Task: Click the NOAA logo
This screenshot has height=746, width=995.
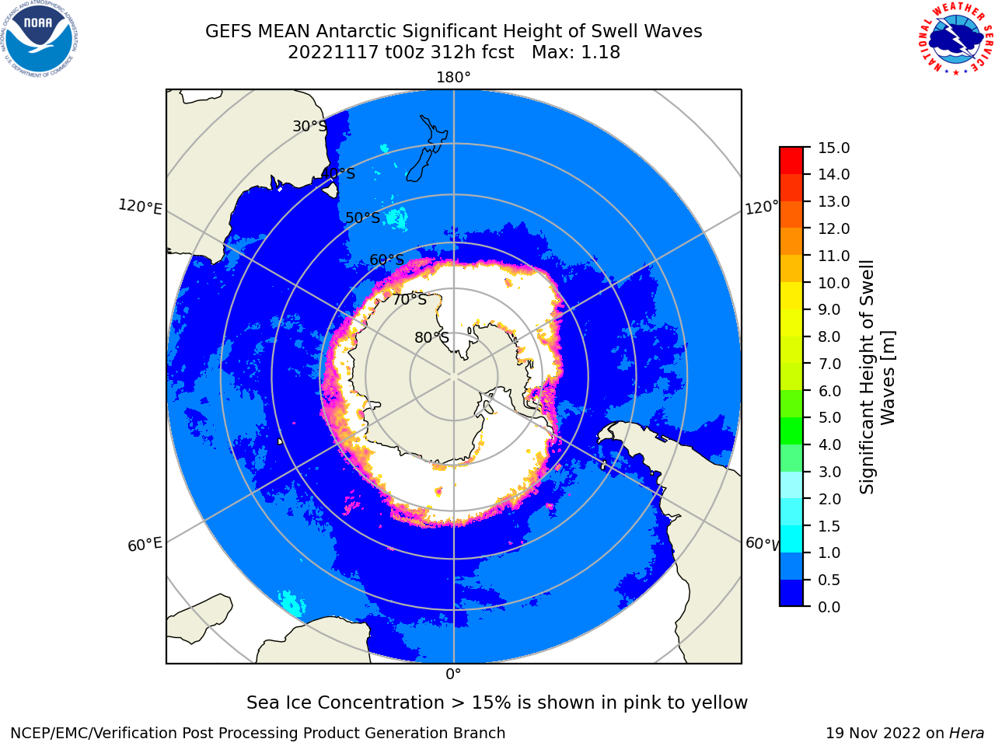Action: pyautogui.click(x=40, y=39)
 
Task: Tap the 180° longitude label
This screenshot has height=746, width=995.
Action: pyautogui.click(x=453, y=78)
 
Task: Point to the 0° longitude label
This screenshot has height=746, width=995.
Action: pyautogui.click(x=453, y=675)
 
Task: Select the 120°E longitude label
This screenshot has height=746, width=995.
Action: pyautogui.click(x=140, y=207)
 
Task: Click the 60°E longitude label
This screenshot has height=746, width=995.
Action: pyautogui.click(x=145, y=545)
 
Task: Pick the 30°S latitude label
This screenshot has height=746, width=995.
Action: pyautogui.click(x=309, y=127)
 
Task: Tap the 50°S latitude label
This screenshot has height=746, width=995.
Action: pyautogui.click(x=363, y=218)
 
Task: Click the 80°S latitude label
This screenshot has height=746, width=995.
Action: pyautogui.click(x=431, y=337)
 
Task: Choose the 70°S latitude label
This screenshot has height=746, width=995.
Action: pyautogui.click(x=410, y=300)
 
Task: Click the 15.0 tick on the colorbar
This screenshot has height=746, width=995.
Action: pyautogui.click(x=833, y=148)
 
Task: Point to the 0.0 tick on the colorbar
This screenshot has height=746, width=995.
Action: pyautogui.click(x=829, y=607)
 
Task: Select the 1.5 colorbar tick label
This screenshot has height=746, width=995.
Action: pyautogui.click(x=829, y=526)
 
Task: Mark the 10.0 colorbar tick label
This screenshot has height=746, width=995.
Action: pyautogui.click(x=833, y=283)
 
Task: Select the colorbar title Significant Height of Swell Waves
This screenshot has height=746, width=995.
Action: pyautogui.click(x=877, y=377)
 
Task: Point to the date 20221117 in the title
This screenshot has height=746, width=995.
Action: pyautogui.click(x=333, y=53)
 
